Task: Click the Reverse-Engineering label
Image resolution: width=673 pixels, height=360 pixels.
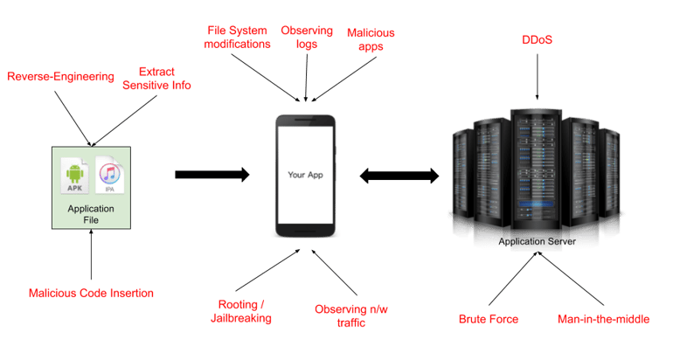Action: coord(60,77)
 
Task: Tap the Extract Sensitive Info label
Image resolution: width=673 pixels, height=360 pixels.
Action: coord(156,78)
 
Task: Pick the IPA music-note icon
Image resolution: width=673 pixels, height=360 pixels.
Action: coord(109,177)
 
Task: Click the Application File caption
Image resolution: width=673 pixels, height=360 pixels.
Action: coord(91,215)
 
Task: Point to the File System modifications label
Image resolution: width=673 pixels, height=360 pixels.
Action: coord(237,38)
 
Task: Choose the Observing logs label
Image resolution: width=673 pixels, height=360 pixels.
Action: coord(306,38)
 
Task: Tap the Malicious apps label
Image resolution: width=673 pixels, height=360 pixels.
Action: coord(371,38)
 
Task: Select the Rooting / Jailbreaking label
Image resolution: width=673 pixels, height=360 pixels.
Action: coord(244,312)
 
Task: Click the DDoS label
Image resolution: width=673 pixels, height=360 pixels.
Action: coord(536,40)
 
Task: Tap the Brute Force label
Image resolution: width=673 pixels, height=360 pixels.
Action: coord(489,319)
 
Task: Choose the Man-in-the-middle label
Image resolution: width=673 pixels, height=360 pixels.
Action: coord(603,319)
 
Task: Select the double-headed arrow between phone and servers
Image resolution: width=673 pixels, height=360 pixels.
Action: coord(398,176)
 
